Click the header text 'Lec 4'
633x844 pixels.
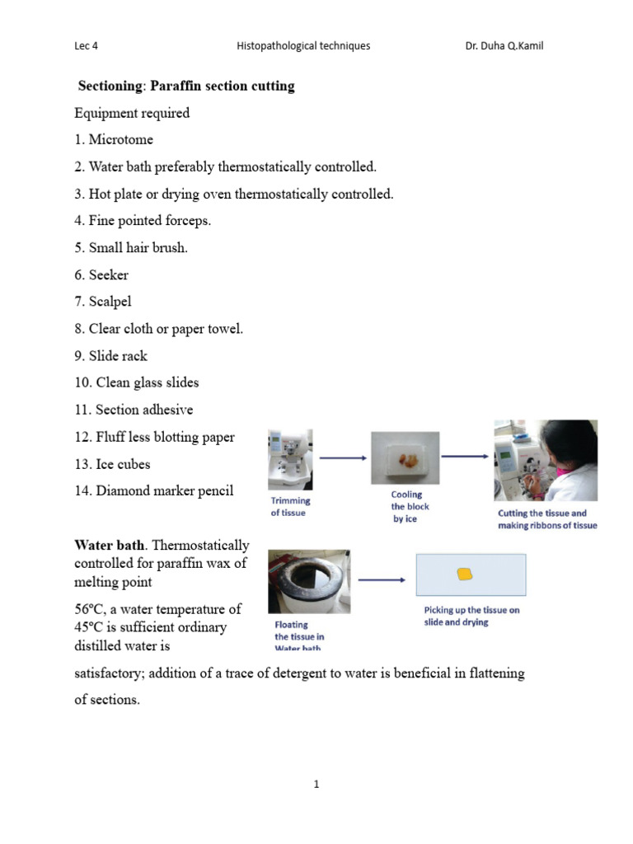(x=86, y=46)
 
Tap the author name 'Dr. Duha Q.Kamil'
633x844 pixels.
(x=504, y=46)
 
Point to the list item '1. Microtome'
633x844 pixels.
(x=113, y=140)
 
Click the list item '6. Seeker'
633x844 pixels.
(x=101, y=274)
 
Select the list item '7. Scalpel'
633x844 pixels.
(x=102, y=302)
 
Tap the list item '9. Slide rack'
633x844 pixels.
(x=110, y=356)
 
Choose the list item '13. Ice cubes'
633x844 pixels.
(x=112, y=464)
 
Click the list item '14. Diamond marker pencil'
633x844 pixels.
(x=153, y=491)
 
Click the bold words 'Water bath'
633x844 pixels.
(x=105, y=545)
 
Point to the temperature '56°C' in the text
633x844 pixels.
(x=91, y=609)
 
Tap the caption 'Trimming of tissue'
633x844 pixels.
(x=290, y=506)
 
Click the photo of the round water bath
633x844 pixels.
(x=309, y=582)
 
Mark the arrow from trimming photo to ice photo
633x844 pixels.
(x=342, y=457)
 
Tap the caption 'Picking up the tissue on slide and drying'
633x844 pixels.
(x=467, y=616)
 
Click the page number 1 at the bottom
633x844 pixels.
(x=316, y=785)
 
